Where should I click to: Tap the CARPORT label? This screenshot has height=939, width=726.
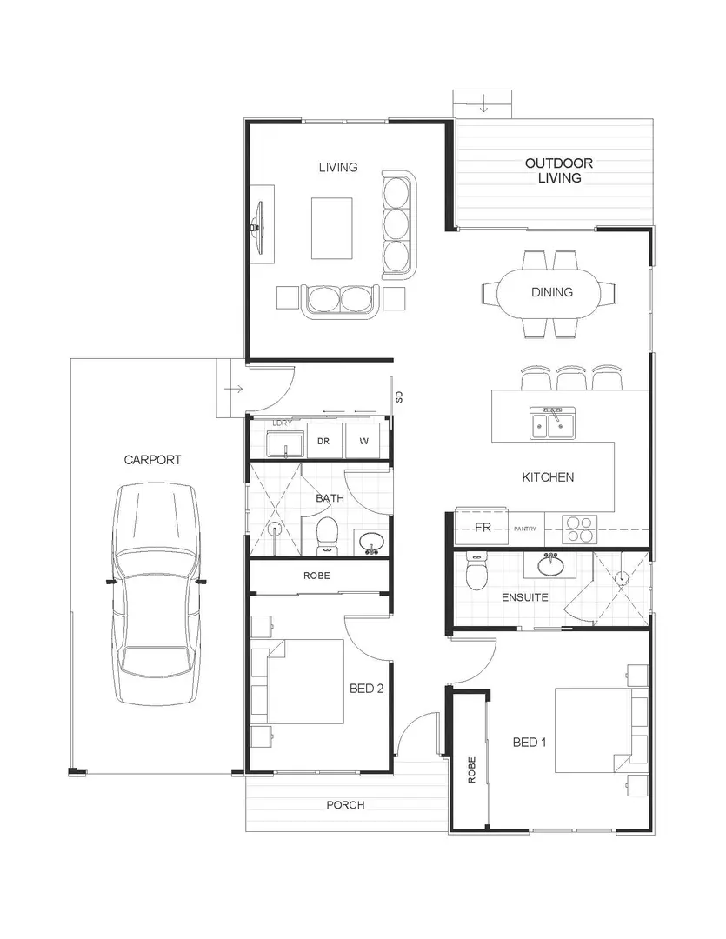pos(152,460)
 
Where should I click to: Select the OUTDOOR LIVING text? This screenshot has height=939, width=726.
pos(558,170)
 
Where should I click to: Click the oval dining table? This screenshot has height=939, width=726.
pos(552,293)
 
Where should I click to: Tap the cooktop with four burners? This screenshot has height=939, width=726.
pos(580,529)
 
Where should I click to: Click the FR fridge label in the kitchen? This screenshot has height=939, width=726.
pos(483,529)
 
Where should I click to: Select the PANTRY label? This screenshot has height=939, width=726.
pos(525,529)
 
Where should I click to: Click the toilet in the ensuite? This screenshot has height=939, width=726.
pos(477,573)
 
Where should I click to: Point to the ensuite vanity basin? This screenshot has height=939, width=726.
pos(550,567)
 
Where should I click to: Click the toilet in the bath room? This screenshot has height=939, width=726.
pos(327,534)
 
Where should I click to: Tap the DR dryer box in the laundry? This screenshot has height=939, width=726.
pos(323,442)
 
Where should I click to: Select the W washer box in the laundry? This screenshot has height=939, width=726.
pos(364,442)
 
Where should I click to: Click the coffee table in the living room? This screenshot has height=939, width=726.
pos(331,228)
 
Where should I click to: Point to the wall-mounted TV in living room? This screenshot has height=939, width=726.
pos(257,224)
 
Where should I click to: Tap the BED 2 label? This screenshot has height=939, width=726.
pos(367,689)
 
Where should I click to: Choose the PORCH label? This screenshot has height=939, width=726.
pos(345,805)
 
